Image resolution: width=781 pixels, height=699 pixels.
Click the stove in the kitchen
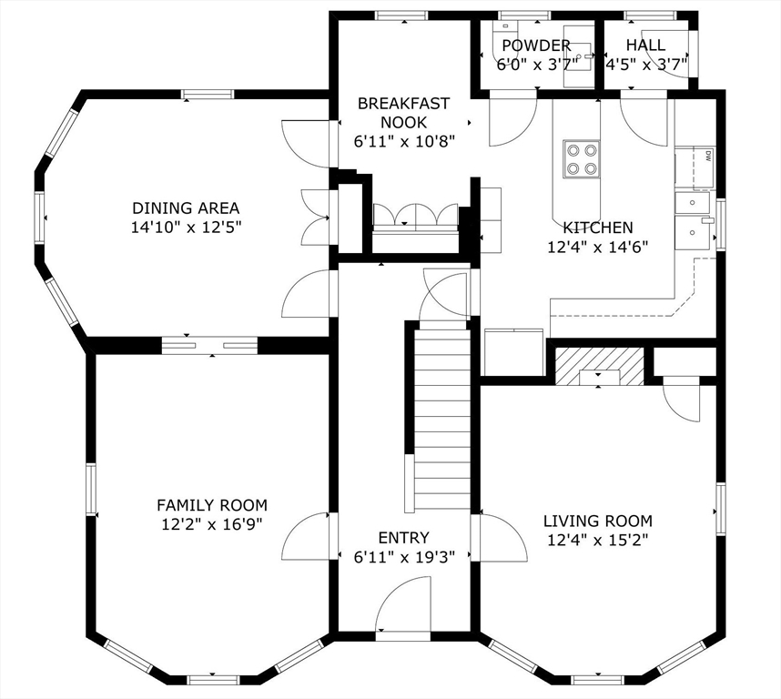tap(581, 159)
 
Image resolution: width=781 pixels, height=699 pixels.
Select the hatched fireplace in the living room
tap(598, 366)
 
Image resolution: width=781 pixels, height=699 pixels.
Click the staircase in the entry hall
tap(441, 419)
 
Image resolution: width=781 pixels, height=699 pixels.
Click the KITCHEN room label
tap(597, 228)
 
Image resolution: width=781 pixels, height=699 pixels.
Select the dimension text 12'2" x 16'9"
tap(211, 524)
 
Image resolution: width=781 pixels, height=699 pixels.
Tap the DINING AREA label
tap(186, 208)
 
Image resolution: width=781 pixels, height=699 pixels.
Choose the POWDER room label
tap(536, 46)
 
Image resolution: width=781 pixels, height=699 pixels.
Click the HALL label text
tap(644, 46)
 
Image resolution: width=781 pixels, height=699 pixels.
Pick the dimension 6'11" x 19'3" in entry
tap(403, 556)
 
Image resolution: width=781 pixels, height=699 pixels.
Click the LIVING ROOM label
tap(597, 522)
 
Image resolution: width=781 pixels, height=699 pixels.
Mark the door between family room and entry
tap(308, 537)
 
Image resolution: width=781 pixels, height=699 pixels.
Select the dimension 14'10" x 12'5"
tap(186, 228)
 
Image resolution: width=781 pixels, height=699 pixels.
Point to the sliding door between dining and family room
tap(210, 345)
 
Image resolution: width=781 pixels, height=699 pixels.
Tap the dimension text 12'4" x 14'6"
tap(597, 247)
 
